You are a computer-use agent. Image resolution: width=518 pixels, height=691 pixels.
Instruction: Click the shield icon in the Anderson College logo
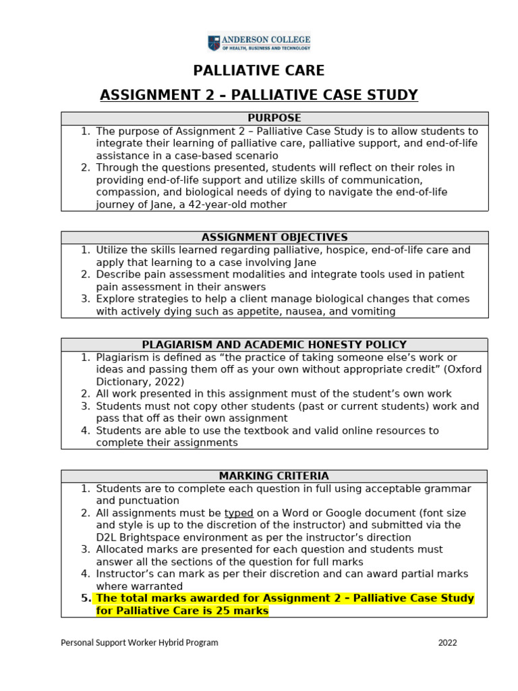click(214, 43)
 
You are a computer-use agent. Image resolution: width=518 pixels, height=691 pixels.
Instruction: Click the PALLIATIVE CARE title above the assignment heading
click(259, 70)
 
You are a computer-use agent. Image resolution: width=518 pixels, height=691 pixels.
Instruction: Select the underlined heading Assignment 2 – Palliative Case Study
click(259, 94)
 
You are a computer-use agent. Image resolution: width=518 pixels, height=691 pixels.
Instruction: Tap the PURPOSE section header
click(275, 118)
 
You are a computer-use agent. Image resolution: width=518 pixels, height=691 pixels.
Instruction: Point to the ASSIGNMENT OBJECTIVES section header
click(275, 237)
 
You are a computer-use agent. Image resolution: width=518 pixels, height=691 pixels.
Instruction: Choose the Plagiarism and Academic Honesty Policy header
click(275, 344)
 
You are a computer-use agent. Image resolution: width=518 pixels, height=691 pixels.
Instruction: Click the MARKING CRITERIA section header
click(275, 476)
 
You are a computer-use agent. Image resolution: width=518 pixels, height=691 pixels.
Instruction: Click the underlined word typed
click(239, 513)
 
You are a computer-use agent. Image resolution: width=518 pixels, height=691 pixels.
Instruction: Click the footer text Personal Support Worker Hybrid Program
click(140, 642)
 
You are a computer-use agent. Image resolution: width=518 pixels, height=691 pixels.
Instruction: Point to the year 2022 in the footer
click(447, 642)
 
